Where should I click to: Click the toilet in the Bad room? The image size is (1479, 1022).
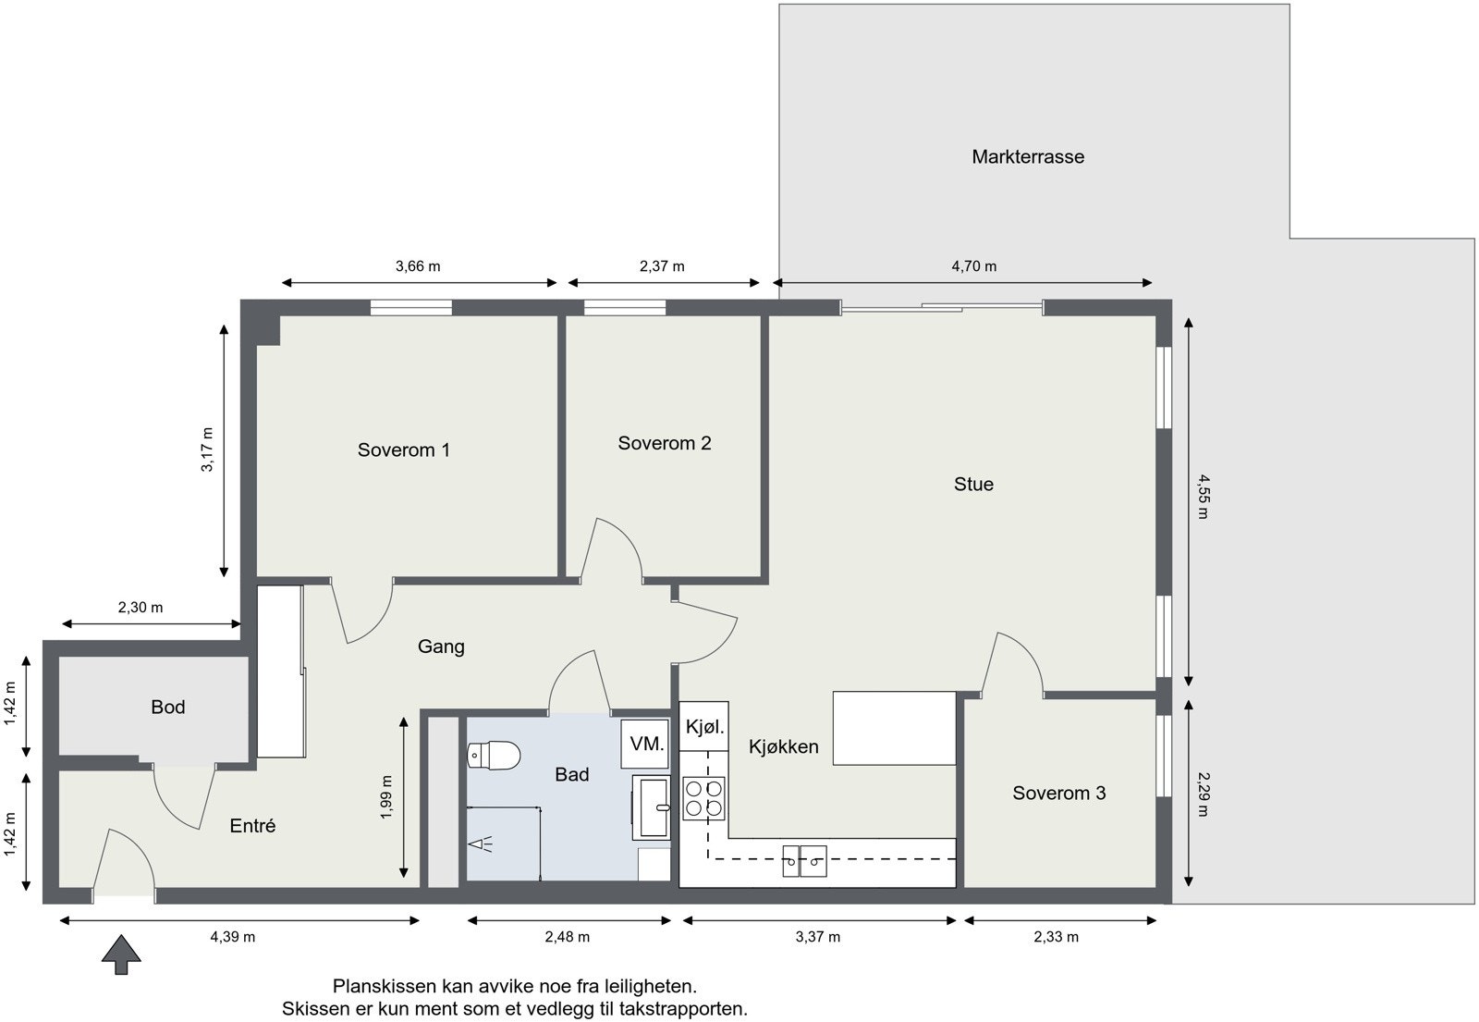coord(494,755)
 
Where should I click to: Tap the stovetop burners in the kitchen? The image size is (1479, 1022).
coord(703,798)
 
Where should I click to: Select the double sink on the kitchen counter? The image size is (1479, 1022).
coord(804,861)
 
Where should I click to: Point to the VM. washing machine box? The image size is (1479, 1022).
coord(645,744)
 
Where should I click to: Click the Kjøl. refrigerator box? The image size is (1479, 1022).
coord(703,727)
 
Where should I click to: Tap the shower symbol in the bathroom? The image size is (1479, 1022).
coord(482,844)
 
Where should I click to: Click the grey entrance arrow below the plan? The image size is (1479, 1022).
coord(121,954)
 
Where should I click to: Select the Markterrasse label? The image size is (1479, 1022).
coord(1027,156)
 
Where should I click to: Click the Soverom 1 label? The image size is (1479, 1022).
coord(403,449)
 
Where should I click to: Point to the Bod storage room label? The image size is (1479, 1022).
coord(167,707)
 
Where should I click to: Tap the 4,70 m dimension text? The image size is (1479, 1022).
coord(974,266)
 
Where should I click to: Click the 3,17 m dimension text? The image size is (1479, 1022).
coord(207,449)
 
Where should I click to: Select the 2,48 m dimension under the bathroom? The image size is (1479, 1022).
coord(568,937)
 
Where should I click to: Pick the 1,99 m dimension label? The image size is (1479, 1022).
coord(386,797)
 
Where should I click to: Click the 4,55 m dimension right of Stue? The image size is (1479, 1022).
coord(1203,497)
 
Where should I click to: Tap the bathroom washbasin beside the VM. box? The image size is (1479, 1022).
coord(652,807)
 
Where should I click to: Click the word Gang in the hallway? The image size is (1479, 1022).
coord(441,646)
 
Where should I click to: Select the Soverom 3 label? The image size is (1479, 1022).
coord(1059,793)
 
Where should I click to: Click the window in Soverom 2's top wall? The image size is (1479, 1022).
coord(625,308)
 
